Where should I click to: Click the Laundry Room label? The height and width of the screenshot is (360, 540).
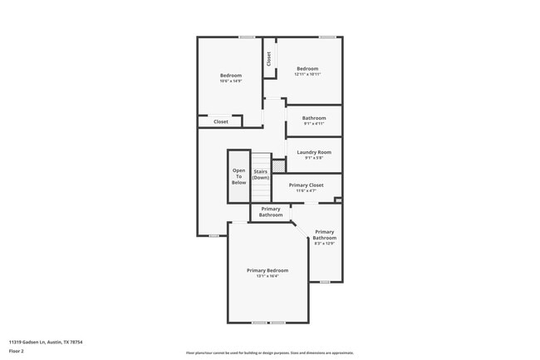314,152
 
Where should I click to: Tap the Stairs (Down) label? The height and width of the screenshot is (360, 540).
261,175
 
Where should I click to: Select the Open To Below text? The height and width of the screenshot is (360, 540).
239,175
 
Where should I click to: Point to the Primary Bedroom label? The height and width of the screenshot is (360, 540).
268,270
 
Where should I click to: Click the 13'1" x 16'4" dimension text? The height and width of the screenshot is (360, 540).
268,276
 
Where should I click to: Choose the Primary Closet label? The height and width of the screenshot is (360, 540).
306,185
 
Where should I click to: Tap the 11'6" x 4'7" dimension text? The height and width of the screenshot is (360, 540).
306,190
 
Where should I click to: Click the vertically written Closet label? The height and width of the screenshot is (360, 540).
269,59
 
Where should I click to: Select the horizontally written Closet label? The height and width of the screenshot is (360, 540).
221,121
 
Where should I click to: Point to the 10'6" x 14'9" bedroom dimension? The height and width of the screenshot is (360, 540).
231,81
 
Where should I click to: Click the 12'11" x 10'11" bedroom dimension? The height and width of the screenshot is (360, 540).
307,74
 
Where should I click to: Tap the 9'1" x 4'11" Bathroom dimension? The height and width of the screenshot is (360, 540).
314,124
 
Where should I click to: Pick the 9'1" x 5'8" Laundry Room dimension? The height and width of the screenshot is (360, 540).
314,158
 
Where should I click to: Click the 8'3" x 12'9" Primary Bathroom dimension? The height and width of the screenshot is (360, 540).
324,244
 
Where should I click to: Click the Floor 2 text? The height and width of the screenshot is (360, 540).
17,352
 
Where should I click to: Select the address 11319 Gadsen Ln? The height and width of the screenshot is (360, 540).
45,342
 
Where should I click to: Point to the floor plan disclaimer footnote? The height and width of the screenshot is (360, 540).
269,353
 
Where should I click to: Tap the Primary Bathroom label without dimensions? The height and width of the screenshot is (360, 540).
271,212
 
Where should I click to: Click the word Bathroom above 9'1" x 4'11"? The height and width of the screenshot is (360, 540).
314,118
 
